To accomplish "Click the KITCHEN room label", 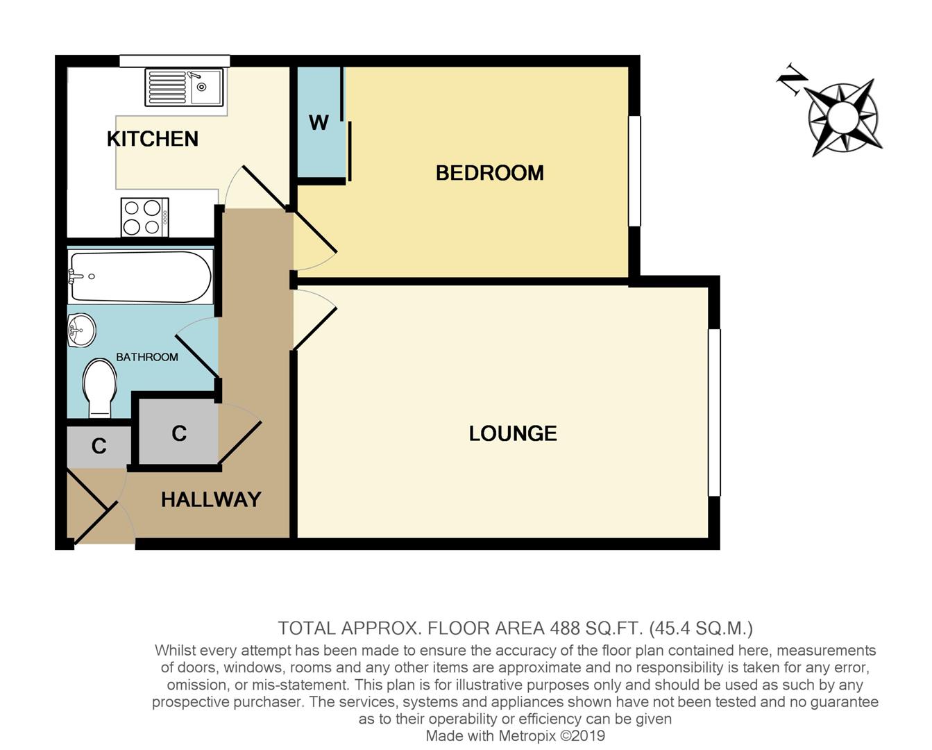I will click(153, 139).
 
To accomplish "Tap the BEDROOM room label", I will click(489, 173).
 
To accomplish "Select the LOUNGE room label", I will click(513, 433).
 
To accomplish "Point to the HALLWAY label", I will click(211, 499).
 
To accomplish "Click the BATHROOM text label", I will click(147, 357).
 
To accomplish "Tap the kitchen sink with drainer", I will click(184, 87).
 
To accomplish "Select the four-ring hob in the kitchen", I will click(144, 217).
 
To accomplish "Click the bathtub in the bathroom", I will click(140, 276).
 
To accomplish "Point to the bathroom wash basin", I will click(81, 329).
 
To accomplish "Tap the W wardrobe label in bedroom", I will click(319, 123).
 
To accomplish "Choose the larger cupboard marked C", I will click(179, 433).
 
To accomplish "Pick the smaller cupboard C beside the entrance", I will click(99, 446).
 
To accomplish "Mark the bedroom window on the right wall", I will click(634, 171).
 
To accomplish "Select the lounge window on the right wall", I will click(714, 412).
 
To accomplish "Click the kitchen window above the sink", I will click(174, 61).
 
